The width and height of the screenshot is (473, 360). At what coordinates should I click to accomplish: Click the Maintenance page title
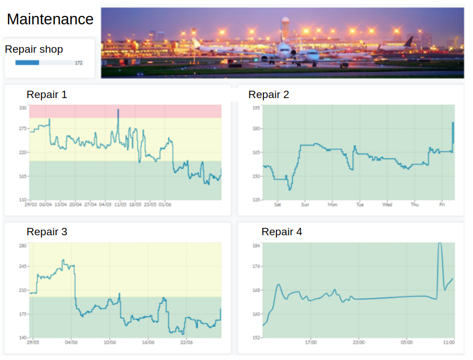pyautogui.click(x=50, y=19)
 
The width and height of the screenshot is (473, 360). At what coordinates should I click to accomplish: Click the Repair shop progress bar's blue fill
pyautogui.click(x=27, y=62)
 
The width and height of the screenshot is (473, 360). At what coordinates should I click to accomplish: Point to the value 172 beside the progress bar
pyautogui.click(x=79, y=63)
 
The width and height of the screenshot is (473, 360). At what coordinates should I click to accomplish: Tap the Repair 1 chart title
pyautogui.click(x=46, y=95)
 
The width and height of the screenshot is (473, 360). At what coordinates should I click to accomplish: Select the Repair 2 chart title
pyautogui.click(x=269, y=95)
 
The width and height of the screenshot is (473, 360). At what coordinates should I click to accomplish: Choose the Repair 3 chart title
pyautogui.click(x=46, y=232)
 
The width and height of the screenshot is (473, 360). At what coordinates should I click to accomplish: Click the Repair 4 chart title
pyautogui.click(x=282, y=232)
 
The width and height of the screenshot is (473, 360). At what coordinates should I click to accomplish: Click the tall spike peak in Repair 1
pyautogui.click(x=118, y=111)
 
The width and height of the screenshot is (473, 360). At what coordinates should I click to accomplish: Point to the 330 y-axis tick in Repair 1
pyautogui.click(x=23, y=107)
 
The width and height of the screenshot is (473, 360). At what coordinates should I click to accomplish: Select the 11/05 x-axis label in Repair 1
pyautogui.click(x=120, y=205)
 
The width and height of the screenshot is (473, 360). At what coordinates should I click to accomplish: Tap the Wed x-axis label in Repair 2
pyautogui.click(x=387, y=205)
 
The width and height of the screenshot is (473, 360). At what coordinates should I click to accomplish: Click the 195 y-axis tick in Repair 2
pyautogui.click(x=256, y=107)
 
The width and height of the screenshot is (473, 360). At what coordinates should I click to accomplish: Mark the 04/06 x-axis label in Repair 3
pyautogui.click(x=71, y=342)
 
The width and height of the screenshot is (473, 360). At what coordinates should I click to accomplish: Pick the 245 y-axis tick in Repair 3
pyautogui.click(x=23, y=266)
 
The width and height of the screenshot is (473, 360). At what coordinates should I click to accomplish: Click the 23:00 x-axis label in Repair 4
pyautogui.click(x=359, y=342)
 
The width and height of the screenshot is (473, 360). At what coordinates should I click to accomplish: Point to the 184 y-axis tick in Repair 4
pyautogui.click(x=256, y=245)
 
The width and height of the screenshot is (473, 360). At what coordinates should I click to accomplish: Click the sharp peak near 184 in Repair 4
pyautogui.click(x=440, y=244)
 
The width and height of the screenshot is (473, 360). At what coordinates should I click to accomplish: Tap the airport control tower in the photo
pyautogui.click(x=285, y=26)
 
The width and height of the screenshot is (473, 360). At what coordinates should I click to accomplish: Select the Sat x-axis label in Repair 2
pyautogui.click(x=278, y=205)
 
